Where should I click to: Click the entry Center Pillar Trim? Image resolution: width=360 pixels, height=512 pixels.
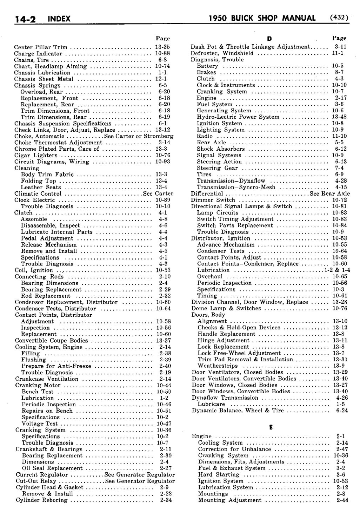pos(41,47)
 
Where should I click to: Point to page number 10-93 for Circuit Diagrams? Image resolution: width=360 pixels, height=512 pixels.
pos(163,162)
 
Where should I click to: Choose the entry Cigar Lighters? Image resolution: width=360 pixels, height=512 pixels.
pos(36,155)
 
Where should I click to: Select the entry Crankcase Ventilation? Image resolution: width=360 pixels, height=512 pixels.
pos(47,379)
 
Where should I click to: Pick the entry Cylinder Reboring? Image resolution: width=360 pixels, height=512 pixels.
pos(42,500)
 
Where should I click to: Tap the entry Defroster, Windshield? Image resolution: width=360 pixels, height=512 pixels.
pos(222,53)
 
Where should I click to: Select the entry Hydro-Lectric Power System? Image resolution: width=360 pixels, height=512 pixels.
pos(238,117)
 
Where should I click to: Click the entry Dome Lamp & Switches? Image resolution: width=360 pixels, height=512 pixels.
pos(226,308)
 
